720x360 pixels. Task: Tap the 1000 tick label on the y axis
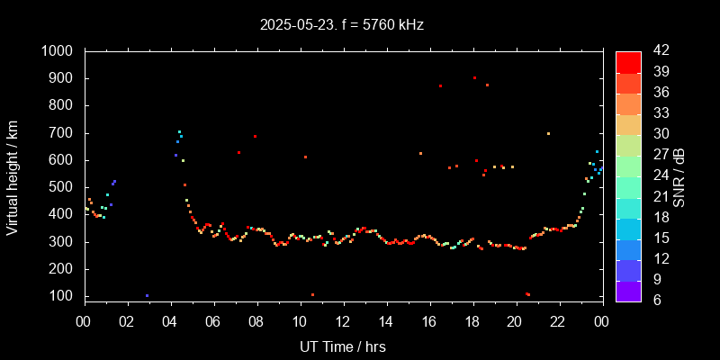pyautogui.click(x=58, y=51)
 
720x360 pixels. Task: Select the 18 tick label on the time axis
pyautogui.click(x=472, y=320)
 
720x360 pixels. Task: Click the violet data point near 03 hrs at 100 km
pyautogui.click(x=147, y=295)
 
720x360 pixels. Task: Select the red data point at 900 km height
pyautogui.click(x=474, y=77)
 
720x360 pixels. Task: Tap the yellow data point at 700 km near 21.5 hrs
pyautogui.click(x=548, y=133)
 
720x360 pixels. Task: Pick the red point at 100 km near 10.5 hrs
pyautogui.click(x=312, y=294)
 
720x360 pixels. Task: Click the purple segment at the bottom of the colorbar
pyautogui.click(x=628, y=291)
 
